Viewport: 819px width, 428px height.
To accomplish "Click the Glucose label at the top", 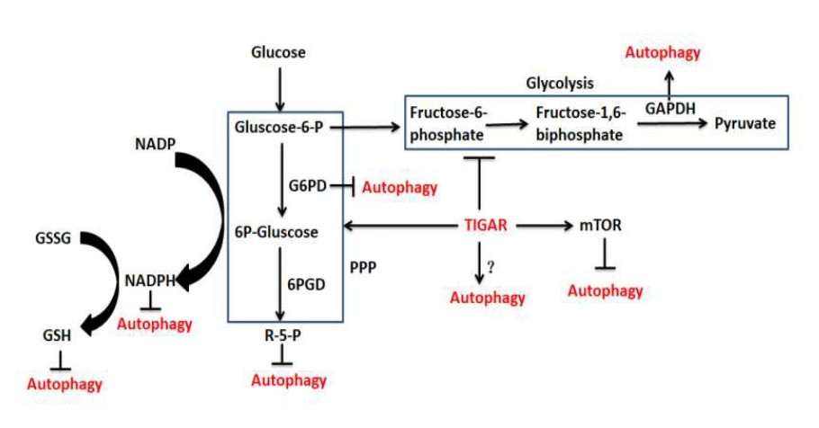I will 278,53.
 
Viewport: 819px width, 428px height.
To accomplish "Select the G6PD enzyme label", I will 306,186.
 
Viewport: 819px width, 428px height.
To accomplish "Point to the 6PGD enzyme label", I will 305,282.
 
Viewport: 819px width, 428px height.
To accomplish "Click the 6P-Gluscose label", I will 276,232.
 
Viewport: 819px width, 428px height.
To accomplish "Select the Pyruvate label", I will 744,123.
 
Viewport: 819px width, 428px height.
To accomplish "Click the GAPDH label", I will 667,106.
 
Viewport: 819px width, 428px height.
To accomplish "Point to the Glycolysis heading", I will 560,84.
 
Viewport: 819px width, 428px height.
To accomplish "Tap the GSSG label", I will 51,239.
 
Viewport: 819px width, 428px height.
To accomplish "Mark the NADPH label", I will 149,280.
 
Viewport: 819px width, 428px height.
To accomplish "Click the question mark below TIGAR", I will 491,266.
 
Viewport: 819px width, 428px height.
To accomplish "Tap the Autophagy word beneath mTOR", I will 606,290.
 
